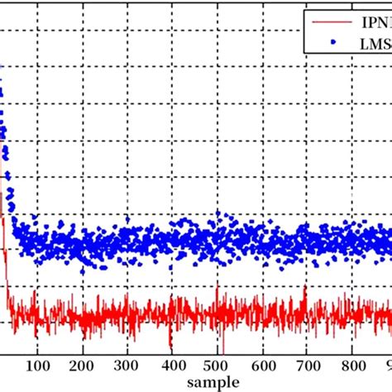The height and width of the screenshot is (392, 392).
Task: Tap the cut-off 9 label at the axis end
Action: pos(386,365)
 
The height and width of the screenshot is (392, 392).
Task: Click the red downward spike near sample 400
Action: pos(170,346)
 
